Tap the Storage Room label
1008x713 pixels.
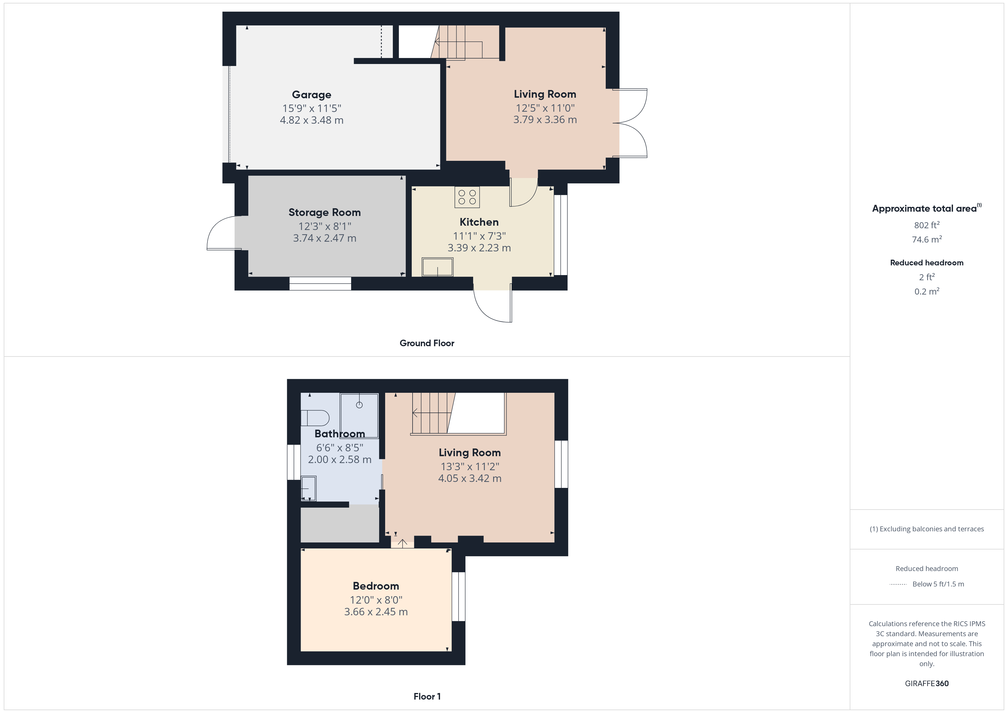(325, 213)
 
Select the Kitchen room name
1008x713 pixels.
(479, 222)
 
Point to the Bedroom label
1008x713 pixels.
(376, 586)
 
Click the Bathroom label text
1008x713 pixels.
(339, 434)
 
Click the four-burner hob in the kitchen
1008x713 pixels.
(467, 197)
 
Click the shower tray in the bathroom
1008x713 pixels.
(359, 416)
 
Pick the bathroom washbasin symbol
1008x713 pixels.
(308, 489)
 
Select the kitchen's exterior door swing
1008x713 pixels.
(493, 303)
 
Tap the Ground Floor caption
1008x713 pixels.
(427, 343)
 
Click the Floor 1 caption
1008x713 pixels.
(427, 697)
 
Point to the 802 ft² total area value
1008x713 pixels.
(927, 225)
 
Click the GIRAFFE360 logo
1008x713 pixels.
(927, 684)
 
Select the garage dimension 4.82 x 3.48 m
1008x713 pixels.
(312, 120)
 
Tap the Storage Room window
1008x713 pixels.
(320, 284)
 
